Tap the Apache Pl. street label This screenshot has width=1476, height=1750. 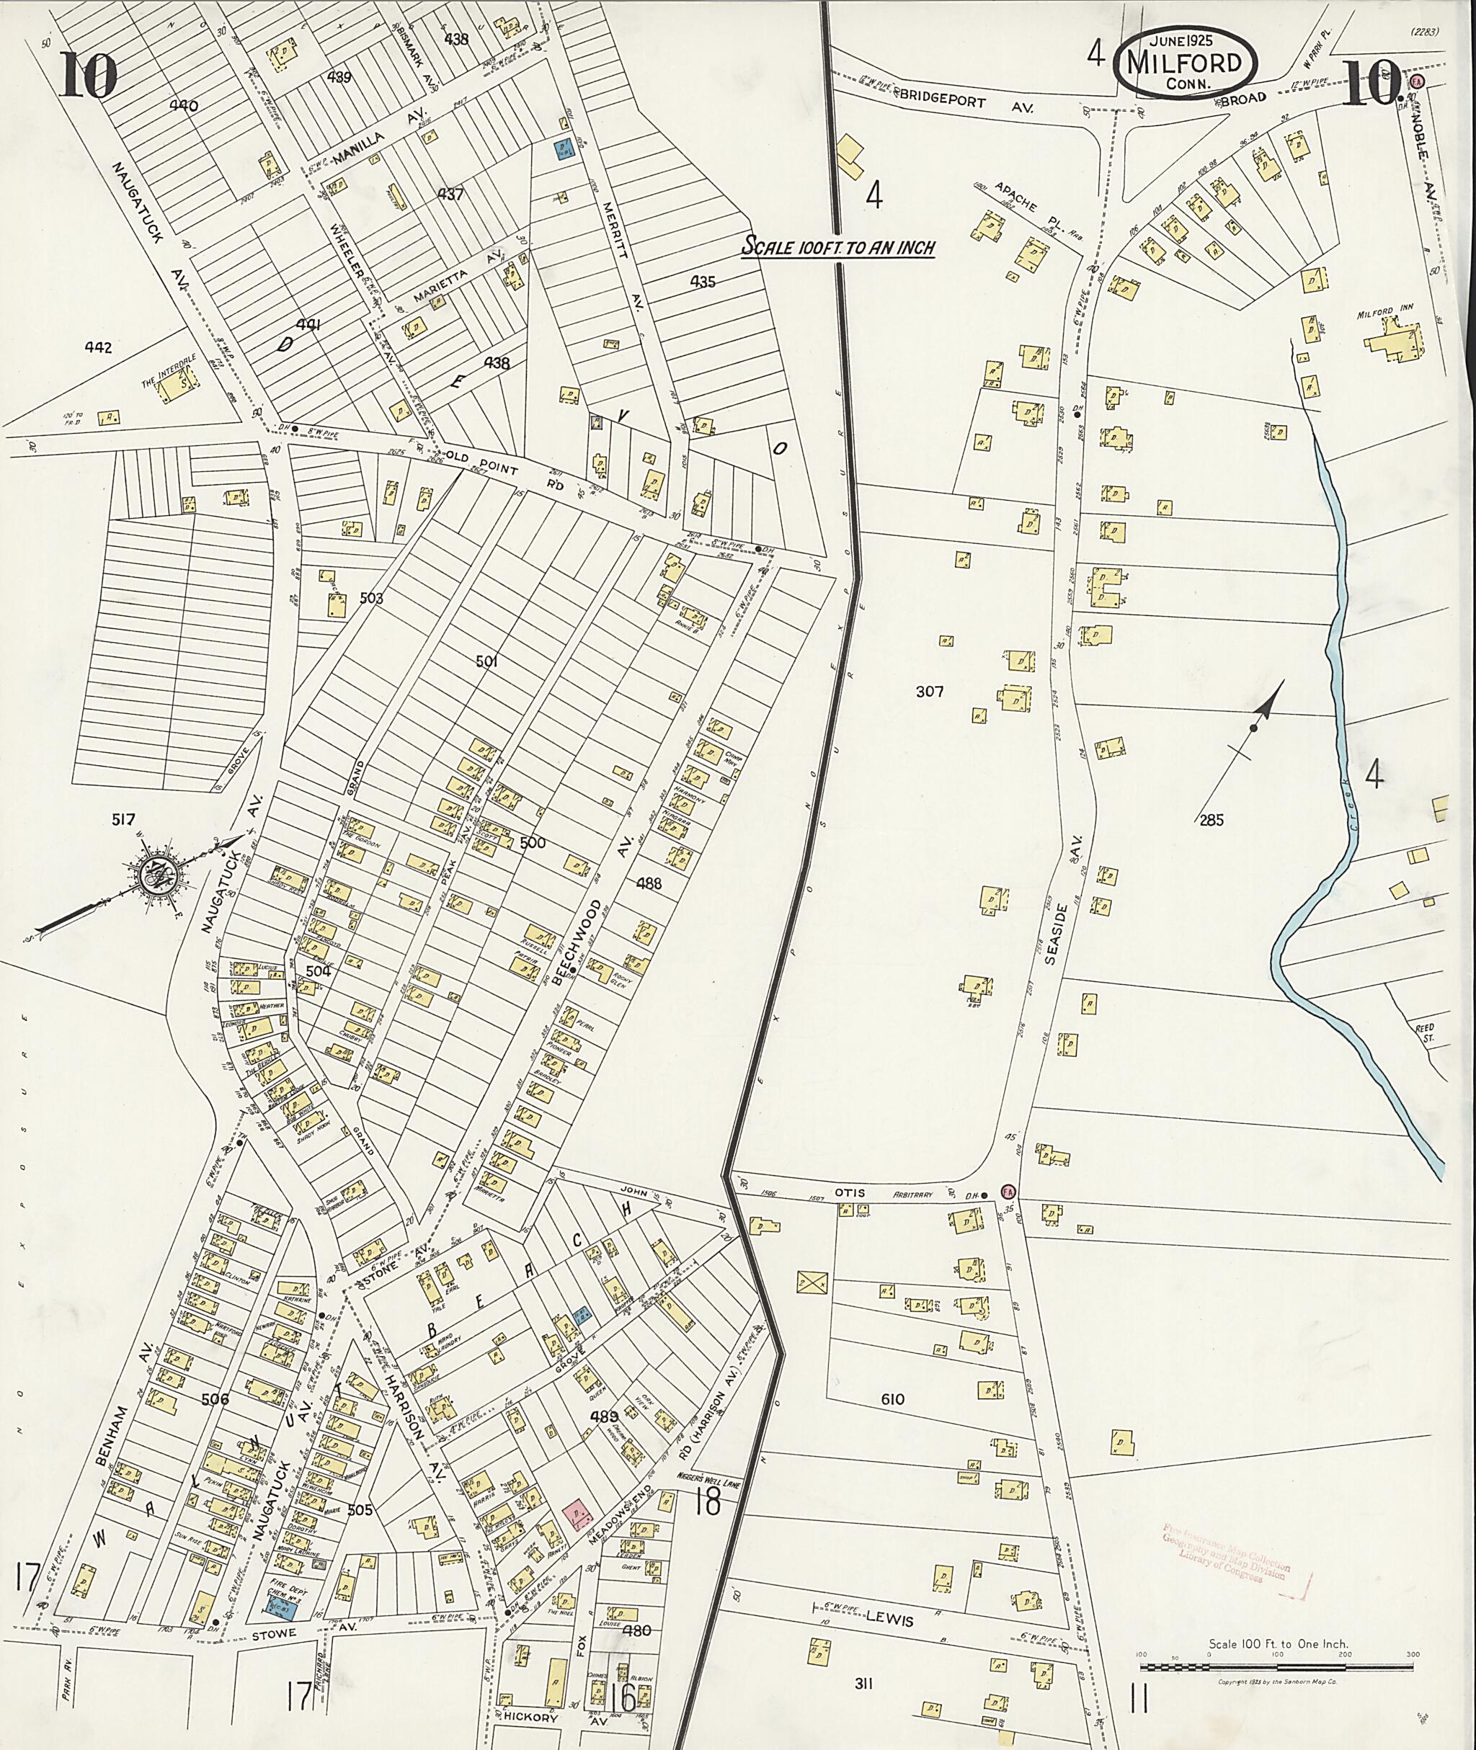click(1023, 207)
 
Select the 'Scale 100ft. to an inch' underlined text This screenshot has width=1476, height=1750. click(838, 248)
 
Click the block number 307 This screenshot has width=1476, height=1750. click(929, 692)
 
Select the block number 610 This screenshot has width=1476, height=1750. click(892, 1398)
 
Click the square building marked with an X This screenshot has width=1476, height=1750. click(811, 1281)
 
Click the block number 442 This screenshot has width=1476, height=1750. click(103, 347)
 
